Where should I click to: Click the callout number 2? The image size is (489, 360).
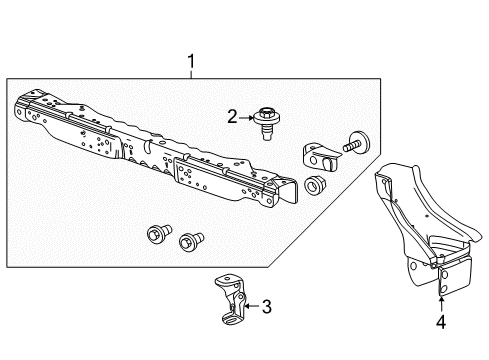click(231, 118)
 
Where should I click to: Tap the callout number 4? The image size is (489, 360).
click(442, 323)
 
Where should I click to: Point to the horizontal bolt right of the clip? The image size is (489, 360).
click(356, 145)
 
